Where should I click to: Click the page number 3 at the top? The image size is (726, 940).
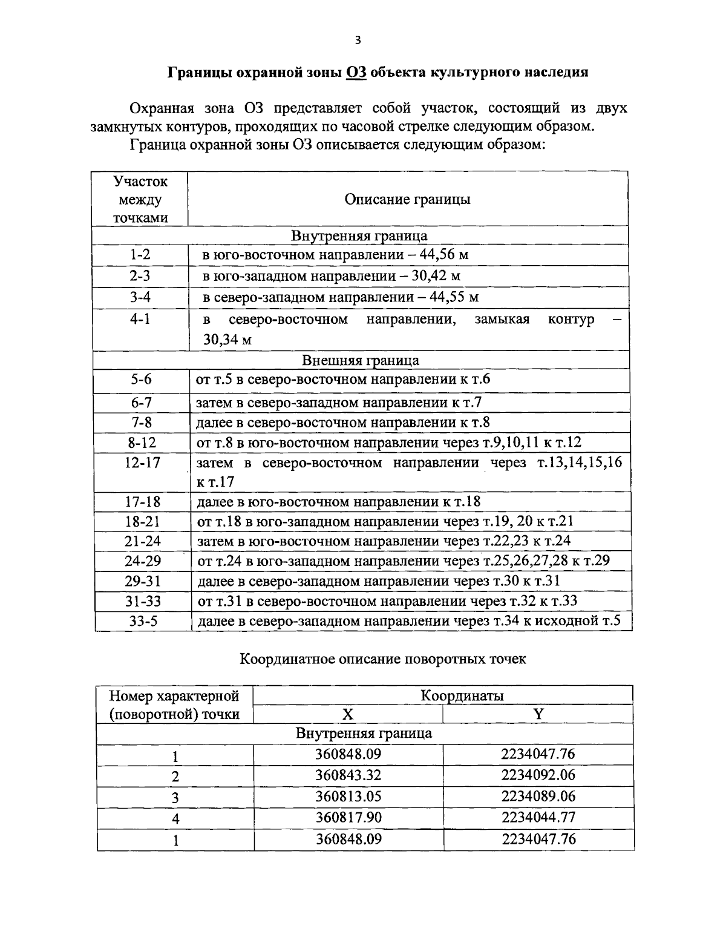point(358,41)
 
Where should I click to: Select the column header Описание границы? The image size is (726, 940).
point(407,199)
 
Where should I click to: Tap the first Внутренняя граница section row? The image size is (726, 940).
point(359,235)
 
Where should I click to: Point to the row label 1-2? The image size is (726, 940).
point(140,255)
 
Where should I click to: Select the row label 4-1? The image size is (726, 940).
point(140,319)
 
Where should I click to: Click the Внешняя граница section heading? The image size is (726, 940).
point(361,361)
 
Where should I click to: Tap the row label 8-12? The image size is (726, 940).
point(142,443)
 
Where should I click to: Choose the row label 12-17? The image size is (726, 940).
point(143,463)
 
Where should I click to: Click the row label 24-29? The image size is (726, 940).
point(143,560)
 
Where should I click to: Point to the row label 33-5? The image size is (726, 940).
point(143,621)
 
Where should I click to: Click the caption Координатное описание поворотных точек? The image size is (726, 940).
point(383,659)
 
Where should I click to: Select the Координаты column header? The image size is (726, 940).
point(462,695)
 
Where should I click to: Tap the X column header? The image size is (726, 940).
point(348,714)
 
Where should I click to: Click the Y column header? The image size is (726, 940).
point(538,714)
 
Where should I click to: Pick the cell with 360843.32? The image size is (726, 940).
point(348,775)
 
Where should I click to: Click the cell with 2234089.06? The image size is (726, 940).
point(538,797)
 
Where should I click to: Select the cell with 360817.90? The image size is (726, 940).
point(348,818)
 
